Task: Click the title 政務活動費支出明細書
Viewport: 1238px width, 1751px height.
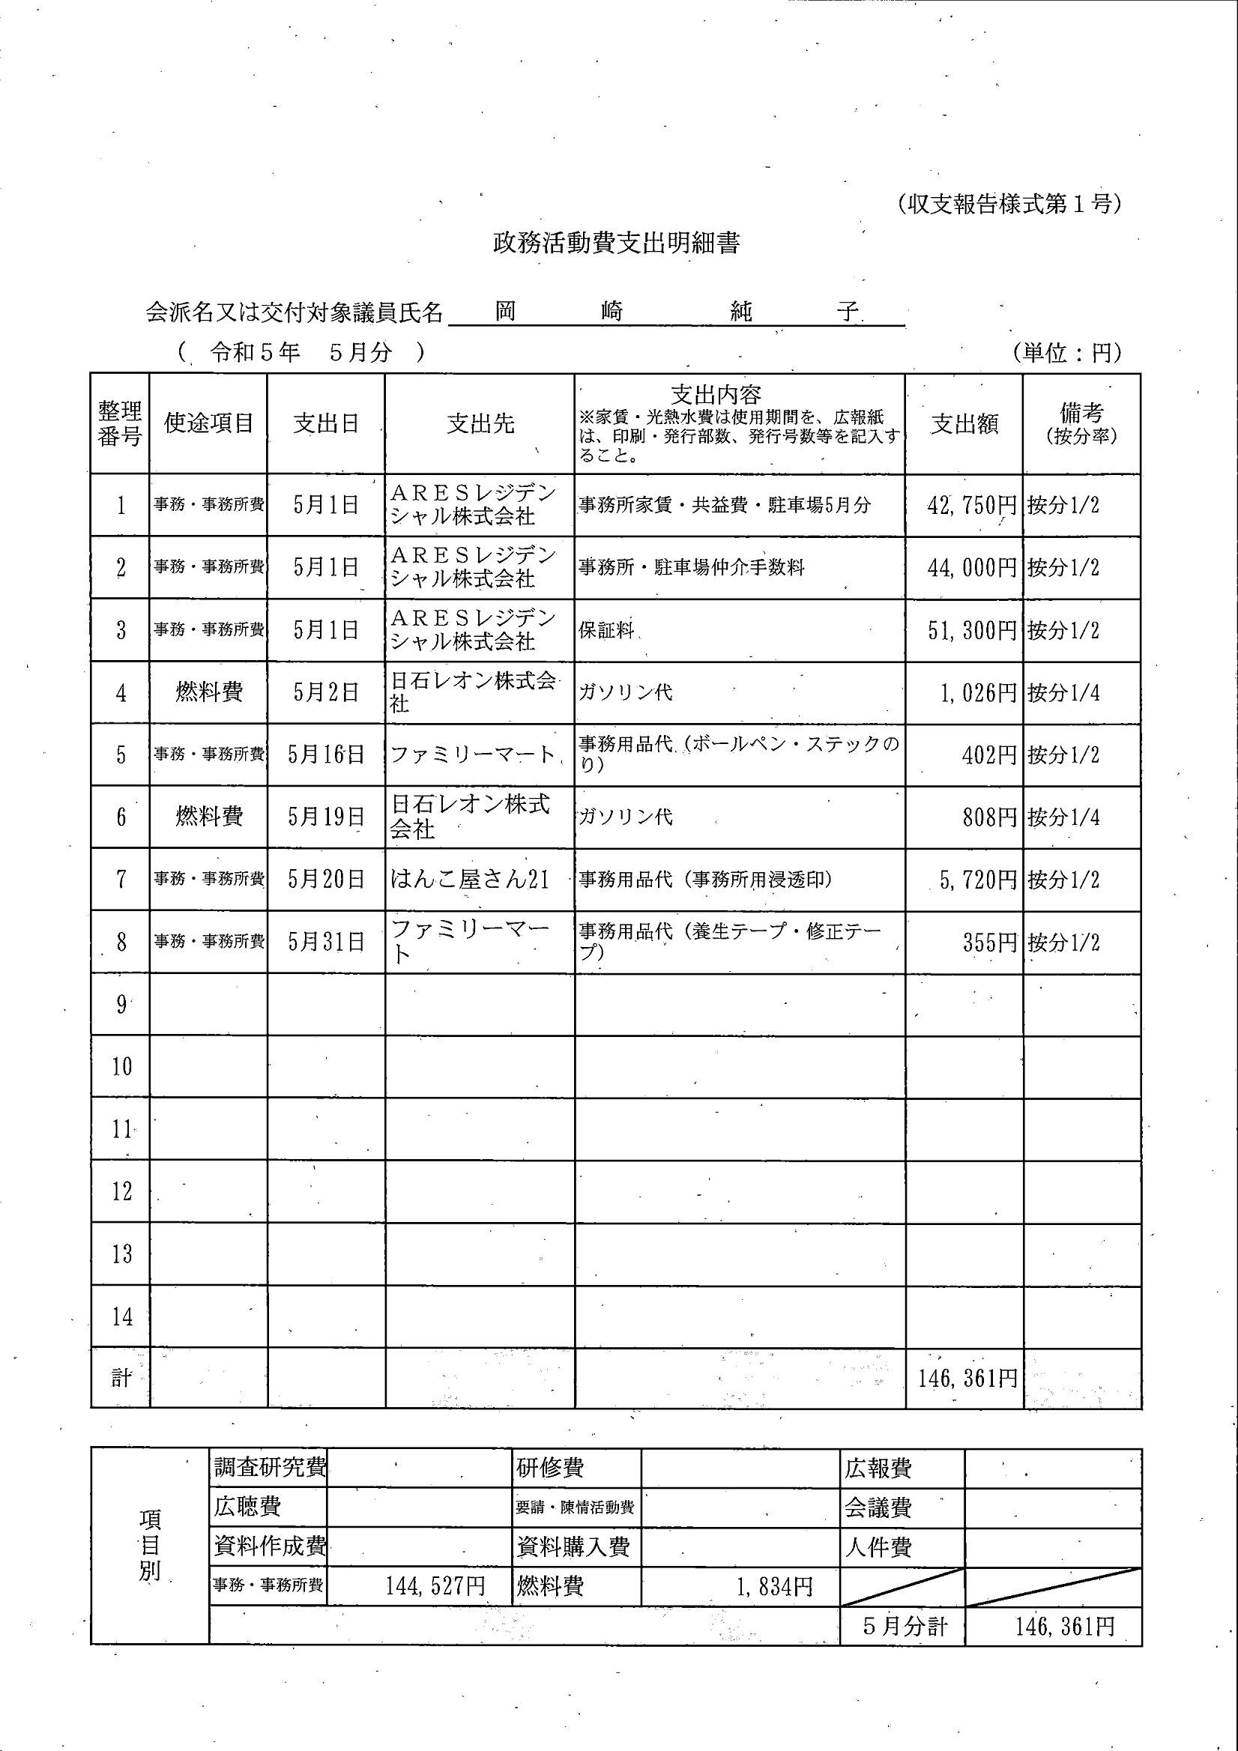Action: [616, 244]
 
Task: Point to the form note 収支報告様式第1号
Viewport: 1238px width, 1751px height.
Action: [1009, 204]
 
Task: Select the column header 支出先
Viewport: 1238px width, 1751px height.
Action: [480, 424]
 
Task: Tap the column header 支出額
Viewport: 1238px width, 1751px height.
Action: [964, 424]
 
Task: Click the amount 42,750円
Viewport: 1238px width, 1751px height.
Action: [972, 505]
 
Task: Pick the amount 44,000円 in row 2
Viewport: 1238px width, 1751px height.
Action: [972, 567]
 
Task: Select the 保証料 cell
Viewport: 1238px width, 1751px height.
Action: [606, 631]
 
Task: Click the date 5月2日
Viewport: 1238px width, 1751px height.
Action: [326, 692]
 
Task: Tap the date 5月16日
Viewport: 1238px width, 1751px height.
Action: [326, 755]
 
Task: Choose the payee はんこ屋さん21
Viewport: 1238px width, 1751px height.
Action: [470, 880]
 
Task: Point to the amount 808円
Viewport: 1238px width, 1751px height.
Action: [989, 817]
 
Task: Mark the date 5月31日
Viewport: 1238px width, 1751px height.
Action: [326, 942]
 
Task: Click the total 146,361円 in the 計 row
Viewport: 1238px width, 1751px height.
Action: [967, 1377]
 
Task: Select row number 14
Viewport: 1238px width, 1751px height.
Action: [122, 1316]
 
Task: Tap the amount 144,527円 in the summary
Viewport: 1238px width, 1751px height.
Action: [435, 1586]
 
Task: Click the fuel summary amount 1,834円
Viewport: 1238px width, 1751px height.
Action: [774, 1587]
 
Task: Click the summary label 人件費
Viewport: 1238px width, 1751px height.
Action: [878, 1547]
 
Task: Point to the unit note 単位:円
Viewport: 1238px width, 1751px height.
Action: [1067, 352]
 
